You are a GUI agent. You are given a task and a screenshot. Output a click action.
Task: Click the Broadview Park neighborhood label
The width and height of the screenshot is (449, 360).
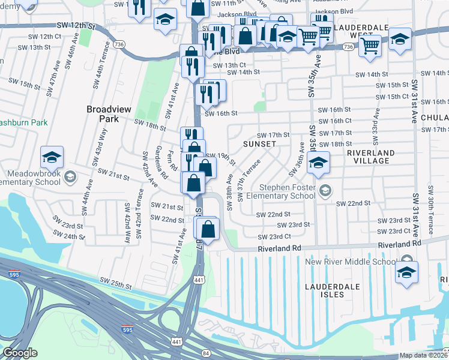pos(104,114)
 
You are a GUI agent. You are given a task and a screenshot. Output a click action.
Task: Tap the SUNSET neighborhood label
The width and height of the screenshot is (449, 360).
pos(259,145)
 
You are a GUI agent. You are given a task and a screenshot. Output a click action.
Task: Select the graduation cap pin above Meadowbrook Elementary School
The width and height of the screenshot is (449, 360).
pos(52,157)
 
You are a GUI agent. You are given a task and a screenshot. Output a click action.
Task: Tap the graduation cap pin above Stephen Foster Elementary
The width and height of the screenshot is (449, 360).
pos(318,162)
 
